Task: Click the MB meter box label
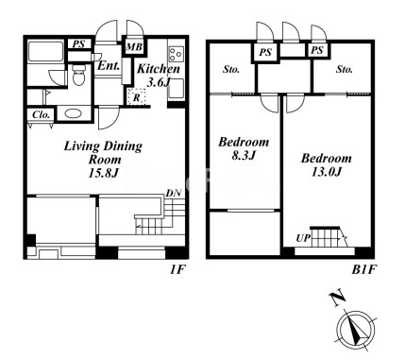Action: (x=134, y=47)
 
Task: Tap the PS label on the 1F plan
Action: (x=78, y=43)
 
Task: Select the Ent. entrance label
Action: (x=109, y=66)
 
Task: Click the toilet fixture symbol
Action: (x=78, y=75)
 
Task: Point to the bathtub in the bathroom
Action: (x=46, y=52)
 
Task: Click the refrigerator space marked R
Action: (x=136, y=97)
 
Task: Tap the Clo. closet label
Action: (x=42, y=115)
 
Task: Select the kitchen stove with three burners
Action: (x=176, y=54)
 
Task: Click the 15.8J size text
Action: (x=103, y=173)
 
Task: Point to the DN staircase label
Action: (x=174, y=193)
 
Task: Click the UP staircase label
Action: (x=303, y=238)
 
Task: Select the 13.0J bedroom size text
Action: (x=327, y=172)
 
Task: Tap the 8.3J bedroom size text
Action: (x=244, y=156)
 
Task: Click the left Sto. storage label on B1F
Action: (x=231, y=69)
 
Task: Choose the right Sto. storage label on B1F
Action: (x=345, y=69)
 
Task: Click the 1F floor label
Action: (x=178, y=269)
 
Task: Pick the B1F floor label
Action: (x=363, y=269)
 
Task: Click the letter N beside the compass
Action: (x=337, y=299)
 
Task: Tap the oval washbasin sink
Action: (x=74, y=113)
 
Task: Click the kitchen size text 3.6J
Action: (x=159, y=82)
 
